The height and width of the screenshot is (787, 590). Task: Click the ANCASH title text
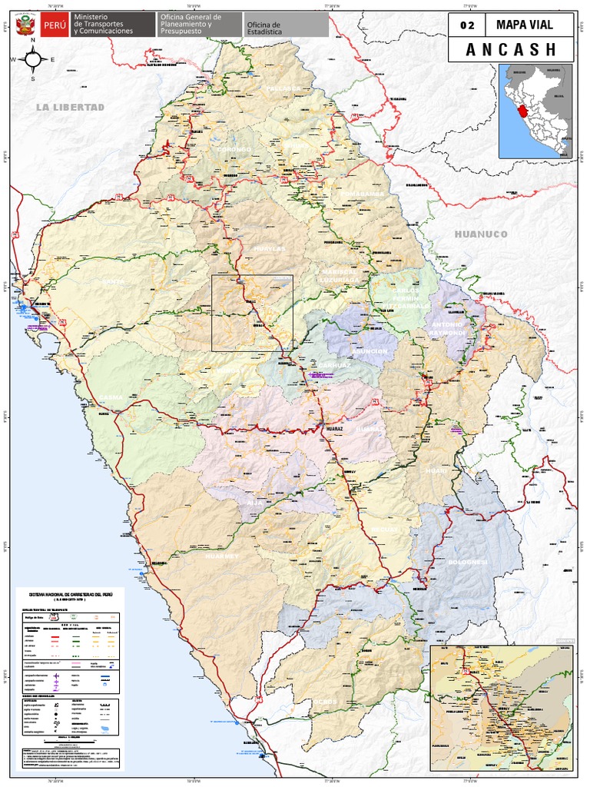[x=510, y=50]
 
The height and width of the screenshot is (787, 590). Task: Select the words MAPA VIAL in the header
[x=525, y=25]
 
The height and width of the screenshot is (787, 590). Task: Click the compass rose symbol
[x=32, y=59]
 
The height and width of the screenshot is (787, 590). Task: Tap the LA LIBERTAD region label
[x=69, y=107]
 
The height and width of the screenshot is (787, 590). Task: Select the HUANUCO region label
[x=481, y=234]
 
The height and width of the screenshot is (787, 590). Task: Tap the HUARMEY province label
[x=222, y=555]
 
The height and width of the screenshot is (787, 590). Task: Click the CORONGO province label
[x=234, y=149]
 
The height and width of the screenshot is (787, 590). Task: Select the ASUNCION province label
[x=370, y=351]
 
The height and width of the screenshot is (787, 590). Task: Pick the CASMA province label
[x=111, y=397]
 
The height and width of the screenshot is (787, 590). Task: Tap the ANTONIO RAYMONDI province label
[x=447, y=329]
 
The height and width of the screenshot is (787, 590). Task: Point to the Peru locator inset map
[x=535, y=111]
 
